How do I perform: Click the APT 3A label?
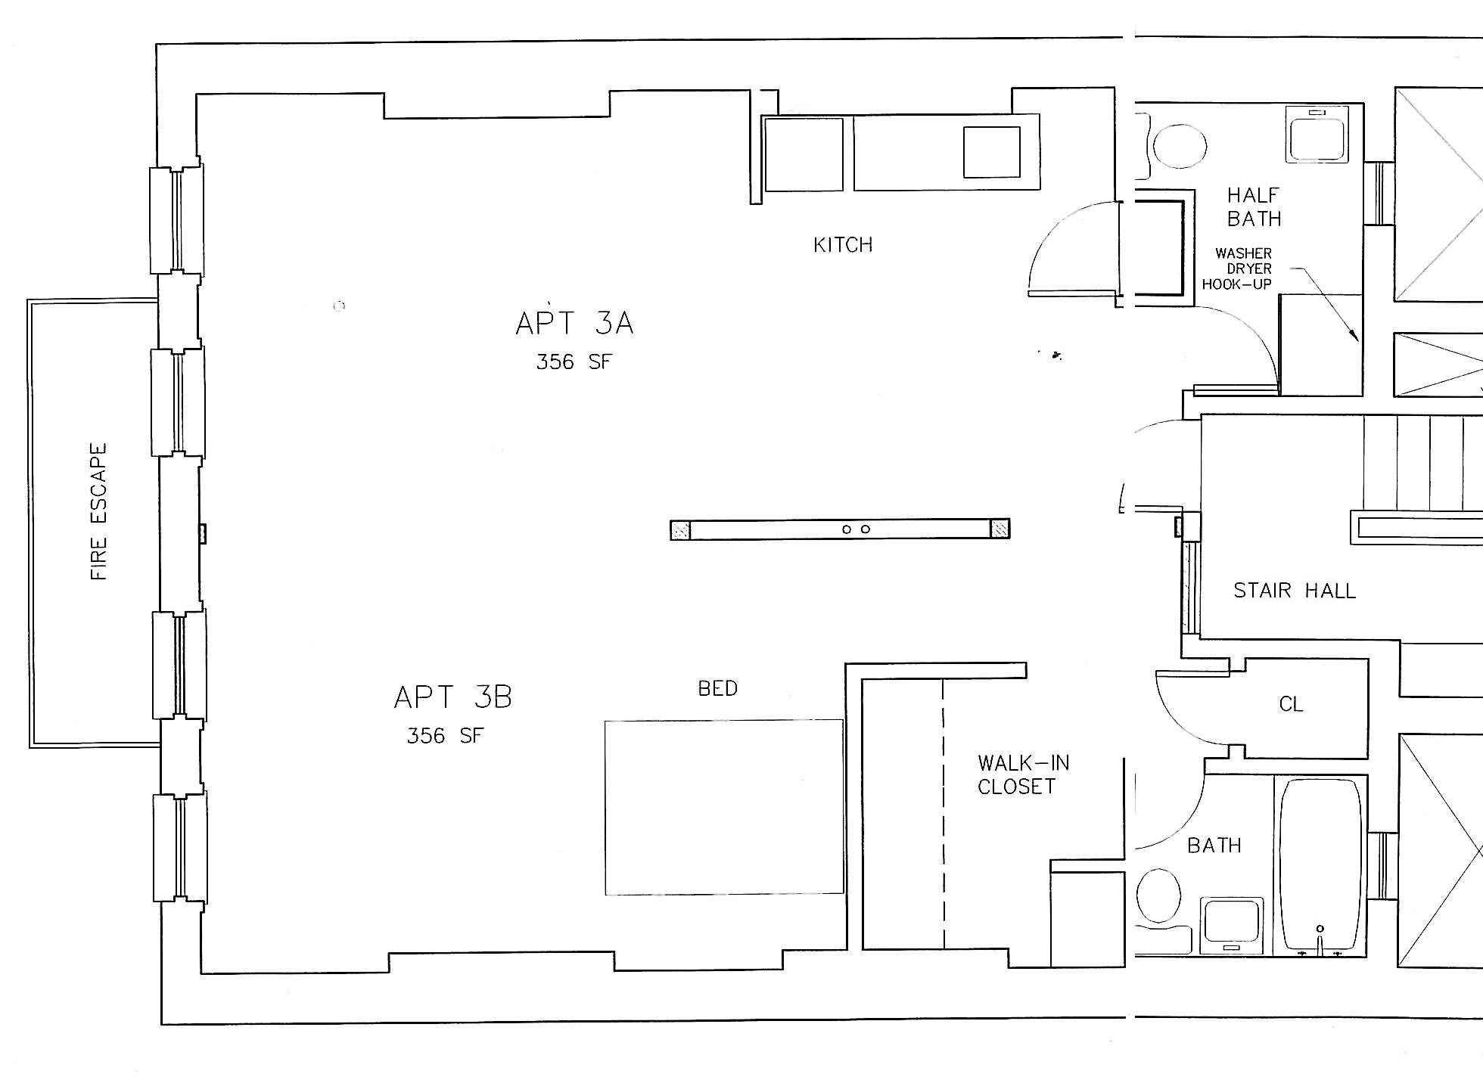coord(574,324)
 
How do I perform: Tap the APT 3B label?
coord(453,697)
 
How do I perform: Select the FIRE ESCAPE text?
coord(99,511)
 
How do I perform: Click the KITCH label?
coord(843,245)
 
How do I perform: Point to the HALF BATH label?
coord(1254,207)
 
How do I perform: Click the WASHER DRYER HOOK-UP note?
coord(1243,268)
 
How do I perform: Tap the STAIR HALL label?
coord(1295,591)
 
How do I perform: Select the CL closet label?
coord(1291,705)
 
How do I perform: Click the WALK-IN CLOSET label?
coord(1023,774)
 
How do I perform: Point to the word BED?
coord(717,689)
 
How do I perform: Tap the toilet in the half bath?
coord(1180,146)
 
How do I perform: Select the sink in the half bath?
coord(1317,135)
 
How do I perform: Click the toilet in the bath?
coord(1158,896)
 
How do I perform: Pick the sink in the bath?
coord(1231,923)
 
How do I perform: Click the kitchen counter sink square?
coord(991,152)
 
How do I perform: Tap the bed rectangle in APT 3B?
coord(723,807)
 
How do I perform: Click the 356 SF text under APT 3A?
coord(574,362)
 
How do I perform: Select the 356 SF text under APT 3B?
coord(444,736)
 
